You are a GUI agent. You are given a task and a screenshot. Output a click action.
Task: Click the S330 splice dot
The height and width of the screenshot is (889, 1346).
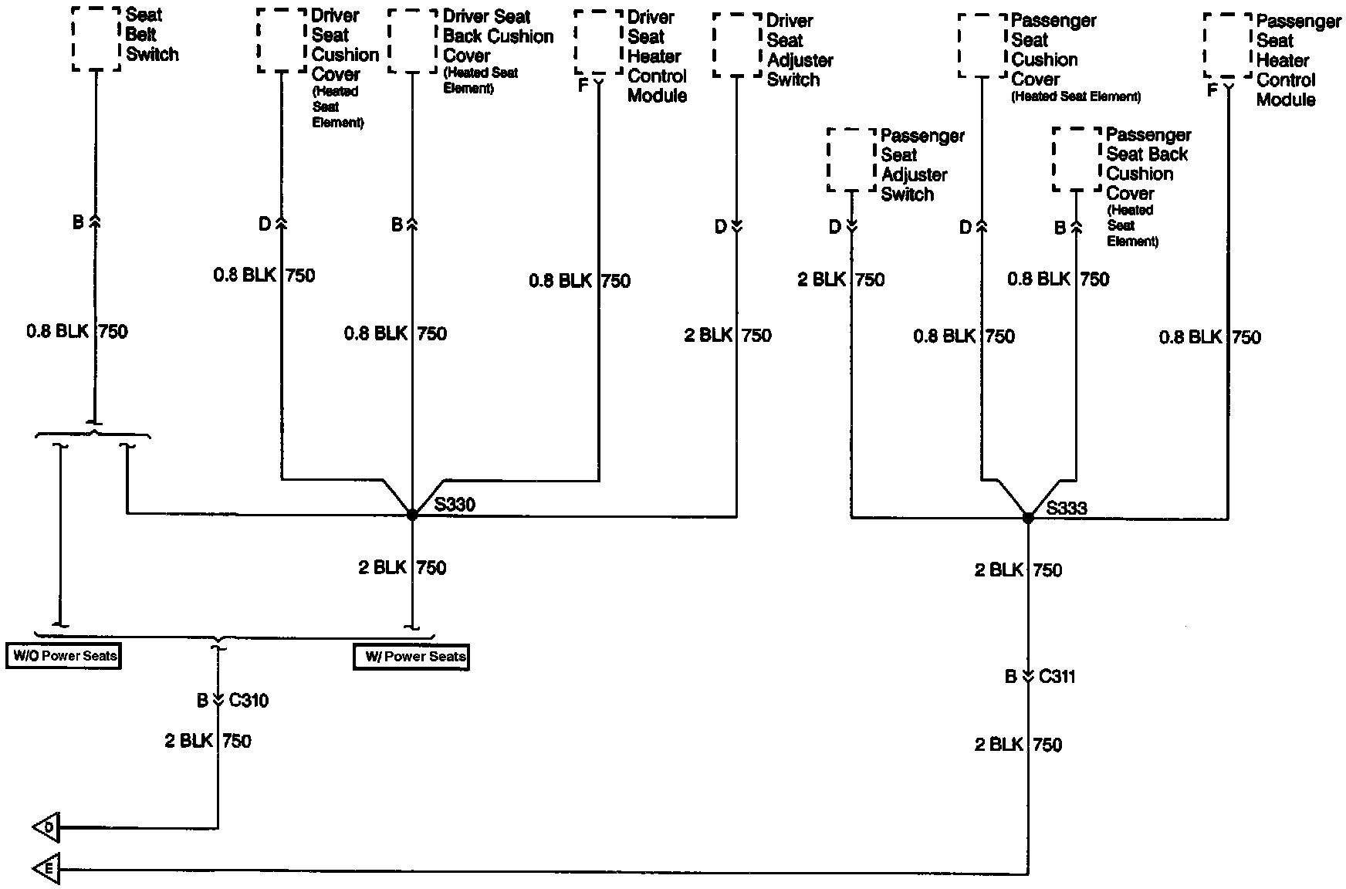[x=412, y=514]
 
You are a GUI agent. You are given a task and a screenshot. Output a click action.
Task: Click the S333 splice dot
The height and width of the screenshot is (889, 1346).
[x=1028, y=518]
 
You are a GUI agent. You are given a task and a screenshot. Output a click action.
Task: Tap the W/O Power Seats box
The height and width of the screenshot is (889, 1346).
[x=64, y=656]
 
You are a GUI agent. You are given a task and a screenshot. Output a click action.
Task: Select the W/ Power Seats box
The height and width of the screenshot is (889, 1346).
[x=411, y=657]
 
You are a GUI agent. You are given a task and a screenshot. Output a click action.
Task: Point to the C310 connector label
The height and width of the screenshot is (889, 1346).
[x=249, y=701]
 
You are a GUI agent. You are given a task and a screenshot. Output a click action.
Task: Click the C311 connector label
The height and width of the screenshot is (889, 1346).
[x=1057, y=677]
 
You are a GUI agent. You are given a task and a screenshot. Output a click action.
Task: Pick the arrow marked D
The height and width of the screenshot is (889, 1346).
[x=46, y=828]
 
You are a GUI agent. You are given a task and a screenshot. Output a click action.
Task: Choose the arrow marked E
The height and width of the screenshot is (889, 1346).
[x=46, y=870]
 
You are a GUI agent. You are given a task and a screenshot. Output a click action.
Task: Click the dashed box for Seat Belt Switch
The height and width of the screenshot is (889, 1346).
[x=96, y=39]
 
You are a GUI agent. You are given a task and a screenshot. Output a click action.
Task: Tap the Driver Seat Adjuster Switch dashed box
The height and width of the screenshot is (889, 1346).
[x=737, y=45]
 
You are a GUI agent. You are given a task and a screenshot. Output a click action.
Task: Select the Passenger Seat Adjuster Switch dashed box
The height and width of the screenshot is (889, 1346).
[x=851, y=160]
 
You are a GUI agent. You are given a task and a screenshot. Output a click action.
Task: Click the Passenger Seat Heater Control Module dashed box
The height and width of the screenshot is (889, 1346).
[x=1227, y=46]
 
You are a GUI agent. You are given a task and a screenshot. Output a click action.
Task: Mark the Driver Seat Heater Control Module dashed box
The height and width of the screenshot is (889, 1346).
[x=598, y=42]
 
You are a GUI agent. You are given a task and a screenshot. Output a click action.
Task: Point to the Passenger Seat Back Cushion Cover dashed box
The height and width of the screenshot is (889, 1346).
[x=1077, y=160]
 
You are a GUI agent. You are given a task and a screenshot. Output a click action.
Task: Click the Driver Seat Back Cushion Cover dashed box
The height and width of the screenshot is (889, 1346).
[x=412, y=42]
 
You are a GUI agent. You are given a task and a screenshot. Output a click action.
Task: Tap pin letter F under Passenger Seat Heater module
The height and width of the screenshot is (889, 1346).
[x=1212, y=90]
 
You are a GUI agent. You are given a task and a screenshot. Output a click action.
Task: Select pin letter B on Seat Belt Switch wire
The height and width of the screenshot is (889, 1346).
[x=78, y=223]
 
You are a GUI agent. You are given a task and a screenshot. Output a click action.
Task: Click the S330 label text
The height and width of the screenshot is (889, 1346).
[x=455, y=505]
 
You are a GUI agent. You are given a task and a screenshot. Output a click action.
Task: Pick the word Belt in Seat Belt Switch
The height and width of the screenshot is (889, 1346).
[x=141, y=35]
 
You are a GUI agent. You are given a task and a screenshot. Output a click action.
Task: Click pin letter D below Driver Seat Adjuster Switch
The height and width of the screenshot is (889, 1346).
[x=720, y=227]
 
